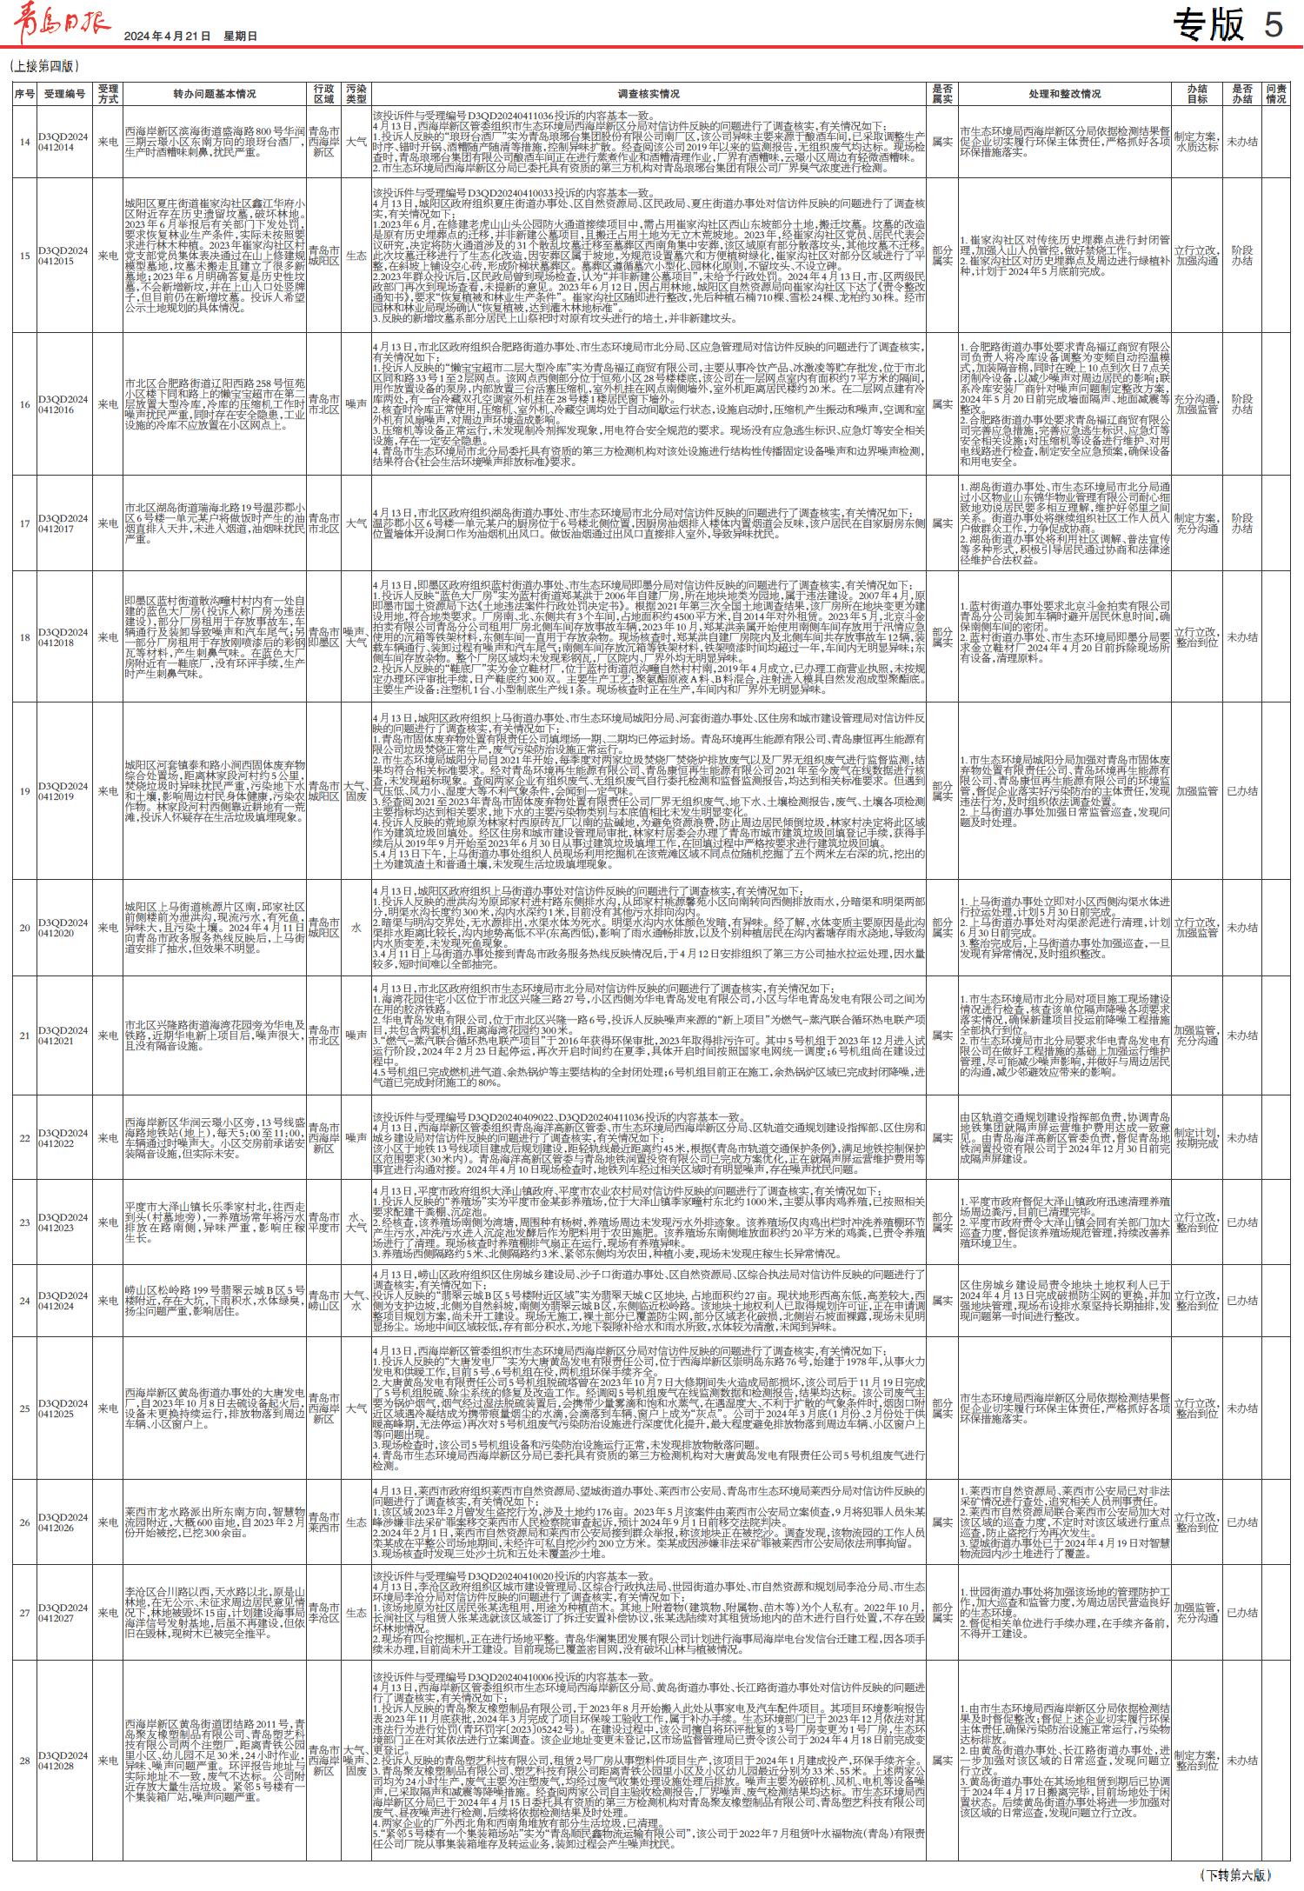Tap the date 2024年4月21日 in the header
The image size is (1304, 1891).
(x=168, y=37)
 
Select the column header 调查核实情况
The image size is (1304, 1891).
(x=649, y=94)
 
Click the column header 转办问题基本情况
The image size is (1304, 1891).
(x=214, y=94)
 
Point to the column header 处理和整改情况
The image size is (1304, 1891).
(x=1064, y=94)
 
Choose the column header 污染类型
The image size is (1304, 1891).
(x=356, y=94)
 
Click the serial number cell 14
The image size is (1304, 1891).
(x=24, y=142)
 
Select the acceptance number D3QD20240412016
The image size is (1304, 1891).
(x=63, y=404)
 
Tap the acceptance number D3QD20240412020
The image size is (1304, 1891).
(x=63, y=928)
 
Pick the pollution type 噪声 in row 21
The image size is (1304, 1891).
(x=356, y=1035)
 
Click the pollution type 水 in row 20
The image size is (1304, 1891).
(x=356, y=928)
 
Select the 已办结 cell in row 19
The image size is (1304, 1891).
(x=1241, y=791)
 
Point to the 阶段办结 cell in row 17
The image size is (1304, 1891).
(x=1241, y=523)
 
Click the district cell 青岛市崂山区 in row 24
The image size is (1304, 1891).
(x=323, y=1301)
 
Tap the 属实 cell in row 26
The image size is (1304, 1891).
(x=941, y=1522)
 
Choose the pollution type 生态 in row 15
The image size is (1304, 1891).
(x=356, y=256)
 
